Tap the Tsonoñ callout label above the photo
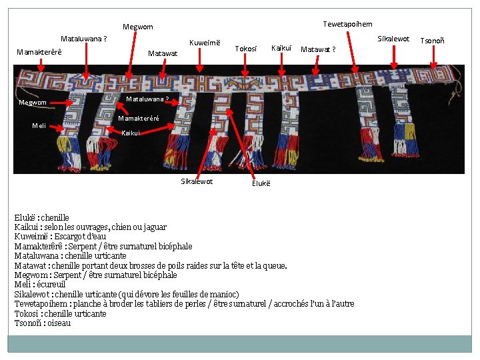433,41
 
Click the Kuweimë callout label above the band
205,43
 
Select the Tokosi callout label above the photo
246,49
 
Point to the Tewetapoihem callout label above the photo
347,24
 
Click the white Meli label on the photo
39,126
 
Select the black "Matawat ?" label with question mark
318,49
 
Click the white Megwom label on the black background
33,103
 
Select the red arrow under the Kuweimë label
201,60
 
